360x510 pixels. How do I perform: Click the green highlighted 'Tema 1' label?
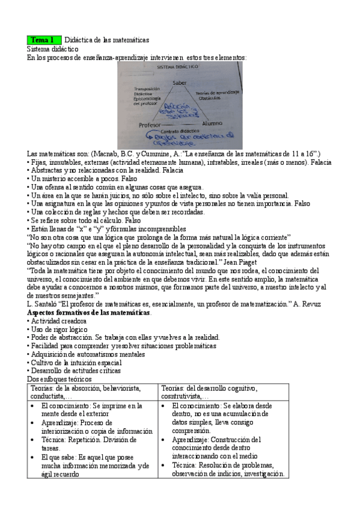pos(43,40)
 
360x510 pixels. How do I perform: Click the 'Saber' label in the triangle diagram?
pos(179,82)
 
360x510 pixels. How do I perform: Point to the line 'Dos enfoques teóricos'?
pos(59,379)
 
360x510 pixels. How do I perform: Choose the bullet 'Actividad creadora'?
pos(59,321)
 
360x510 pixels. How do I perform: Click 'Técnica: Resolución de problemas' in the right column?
pos(222,465)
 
